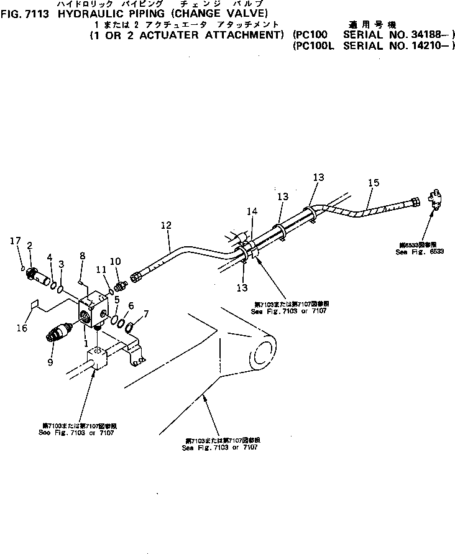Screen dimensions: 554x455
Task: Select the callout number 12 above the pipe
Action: pos(165,226)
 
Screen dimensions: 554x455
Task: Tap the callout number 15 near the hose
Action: pos(373,183)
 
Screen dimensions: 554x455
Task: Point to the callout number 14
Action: pos(250,211)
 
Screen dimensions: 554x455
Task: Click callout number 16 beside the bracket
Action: pos(22,328)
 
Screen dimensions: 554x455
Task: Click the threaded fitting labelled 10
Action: pos(119,284)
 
